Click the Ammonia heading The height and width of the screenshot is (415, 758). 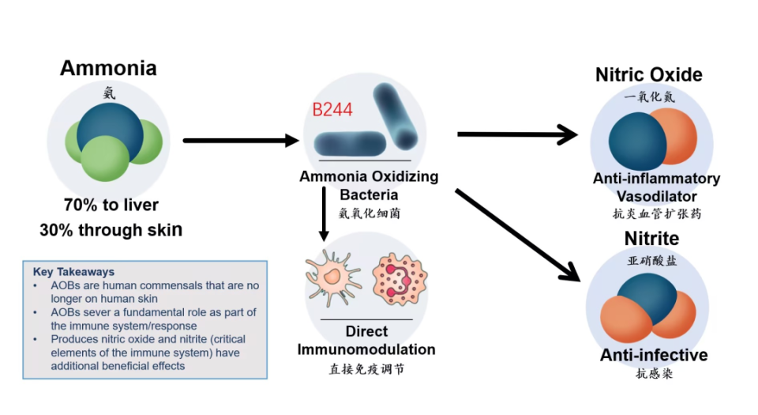point(108,68)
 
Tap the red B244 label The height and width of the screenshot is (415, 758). point(332,110)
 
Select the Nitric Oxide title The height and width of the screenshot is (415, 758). point(648,75)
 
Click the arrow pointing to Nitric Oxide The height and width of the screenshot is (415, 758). point(517,134)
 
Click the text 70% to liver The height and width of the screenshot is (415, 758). point(111,206)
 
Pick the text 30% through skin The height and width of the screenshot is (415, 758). point(111,230)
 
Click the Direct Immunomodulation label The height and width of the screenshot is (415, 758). point(366,341)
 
